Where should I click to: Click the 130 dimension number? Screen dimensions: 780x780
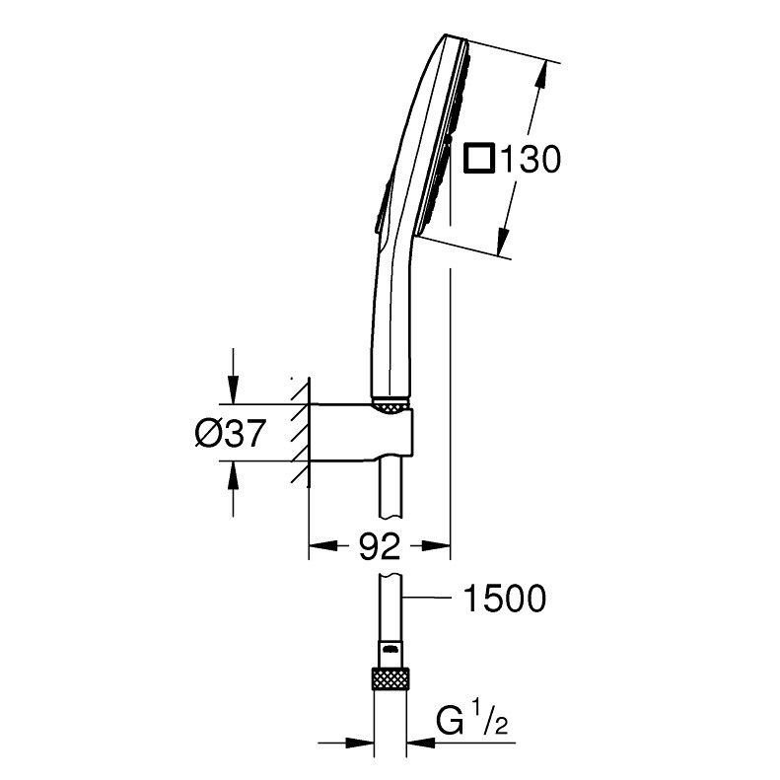[530, 159]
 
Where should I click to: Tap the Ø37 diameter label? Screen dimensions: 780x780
[230, 432]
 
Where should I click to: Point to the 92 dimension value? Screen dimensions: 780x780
[379, 546]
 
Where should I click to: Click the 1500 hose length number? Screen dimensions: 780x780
[505, 599]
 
